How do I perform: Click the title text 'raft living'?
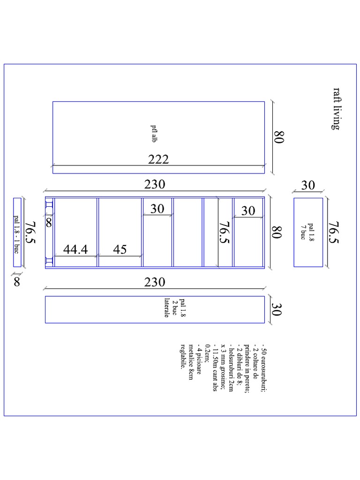point(337,109)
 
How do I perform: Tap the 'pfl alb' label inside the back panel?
point(154,134)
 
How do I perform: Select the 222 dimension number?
point(158,159)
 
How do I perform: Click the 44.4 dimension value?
point(75,249)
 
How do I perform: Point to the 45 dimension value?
point(120,249)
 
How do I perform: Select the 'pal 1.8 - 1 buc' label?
point(16,234)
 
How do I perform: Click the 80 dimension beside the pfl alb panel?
point(279,137)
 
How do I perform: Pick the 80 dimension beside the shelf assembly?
point(277,232)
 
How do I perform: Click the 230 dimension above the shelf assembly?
point(155,184)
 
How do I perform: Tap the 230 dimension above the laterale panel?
point(155,282)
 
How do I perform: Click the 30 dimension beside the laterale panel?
point(277,309)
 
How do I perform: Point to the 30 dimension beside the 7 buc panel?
point(308,185)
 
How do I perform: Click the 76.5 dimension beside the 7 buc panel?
point(334,232)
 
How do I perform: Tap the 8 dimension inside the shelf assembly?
point(49,223)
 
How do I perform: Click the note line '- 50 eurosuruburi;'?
point(263,369)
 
